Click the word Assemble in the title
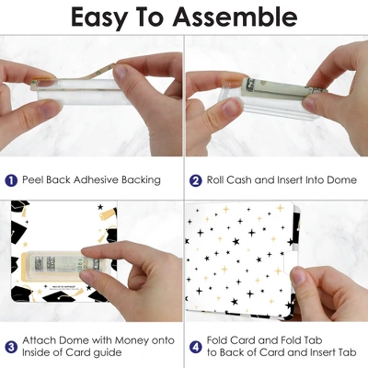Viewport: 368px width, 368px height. [235, 17]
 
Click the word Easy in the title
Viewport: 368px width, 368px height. [98, 18]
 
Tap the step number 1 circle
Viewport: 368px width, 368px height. [11, 180]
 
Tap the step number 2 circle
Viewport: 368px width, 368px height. [195, 180]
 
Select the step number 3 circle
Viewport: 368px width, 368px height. [11, 347]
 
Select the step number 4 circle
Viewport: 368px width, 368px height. [195, 347]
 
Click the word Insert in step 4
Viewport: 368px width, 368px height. [325, 352]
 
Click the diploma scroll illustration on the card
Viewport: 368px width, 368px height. [109, 215]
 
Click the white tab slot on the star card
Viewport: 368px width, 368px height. [289, 263]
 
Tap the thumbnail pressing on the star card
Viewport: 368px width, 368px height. [298, 276]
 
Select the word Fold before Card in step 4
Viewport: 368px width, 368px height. [217, 340]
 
